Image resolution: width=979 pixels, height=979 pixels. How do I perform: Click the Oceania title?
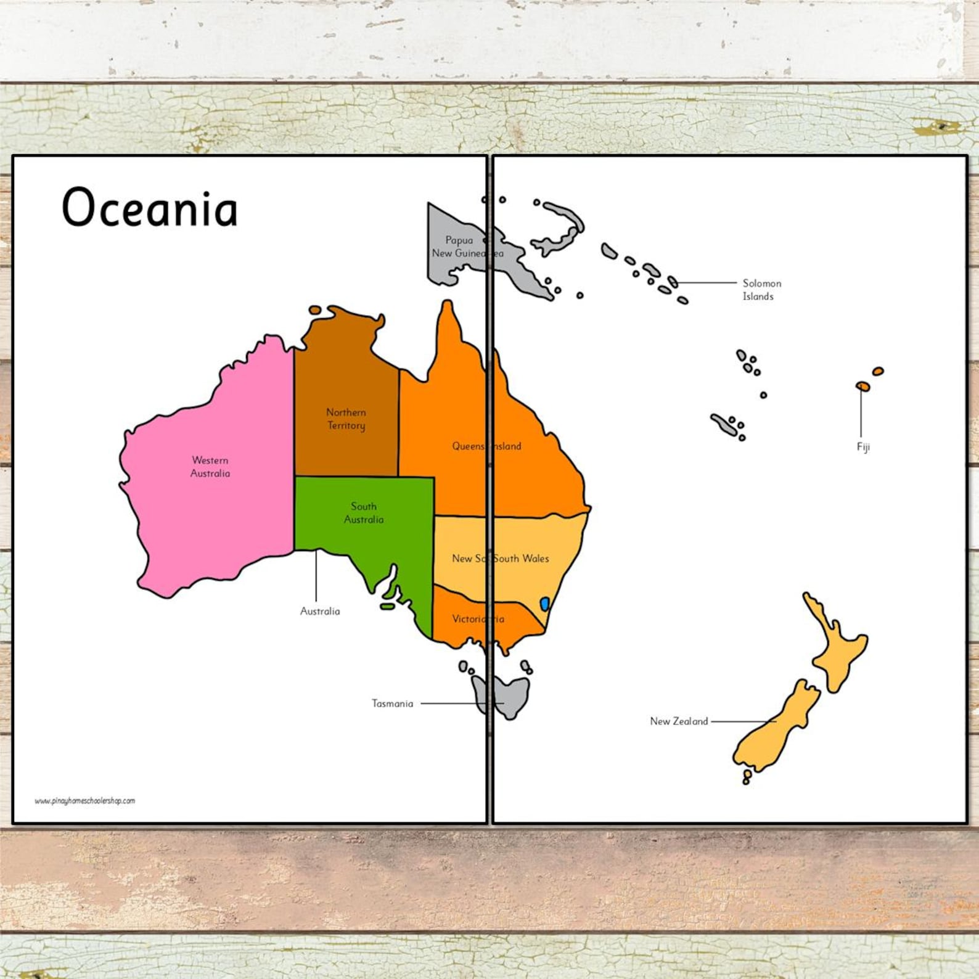(x=149, y=208)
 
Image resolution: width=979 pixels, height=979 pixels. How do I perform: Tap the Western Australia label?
(x=210, y=467)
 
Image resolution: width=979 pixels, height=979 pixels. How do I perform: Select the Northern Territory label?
(x=346, y=419)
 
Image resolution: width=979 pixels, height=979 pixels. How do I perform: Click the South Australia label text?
(x=364, y=513)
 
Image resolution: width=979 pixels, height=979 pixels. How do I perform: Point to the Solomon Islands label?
(x=761, y=290)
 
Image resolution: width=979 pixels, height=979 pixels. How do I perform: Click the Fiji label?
(x=863, y=447)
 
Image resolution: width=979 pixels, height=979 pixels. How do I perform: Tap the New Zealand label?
(x=679, y=721)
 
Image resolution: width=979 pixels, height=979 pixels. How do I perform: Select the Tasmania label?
(x=392, y=703)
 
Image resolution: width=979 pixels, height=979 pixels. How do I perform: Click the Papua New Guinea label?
(x=459, y=247)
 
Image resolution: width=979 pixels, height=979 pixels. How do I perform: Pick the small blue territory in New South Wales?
(x=544, y=604)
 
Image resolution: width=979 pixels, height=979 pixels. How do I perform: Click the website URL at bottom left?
(x=84, y=801)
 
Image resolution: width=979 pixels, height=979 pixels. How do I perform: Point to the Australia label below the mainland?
(x=320, y=612)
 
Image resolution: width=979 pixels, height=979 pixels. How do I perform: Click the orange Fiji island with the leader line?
(x=863, y=387)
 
